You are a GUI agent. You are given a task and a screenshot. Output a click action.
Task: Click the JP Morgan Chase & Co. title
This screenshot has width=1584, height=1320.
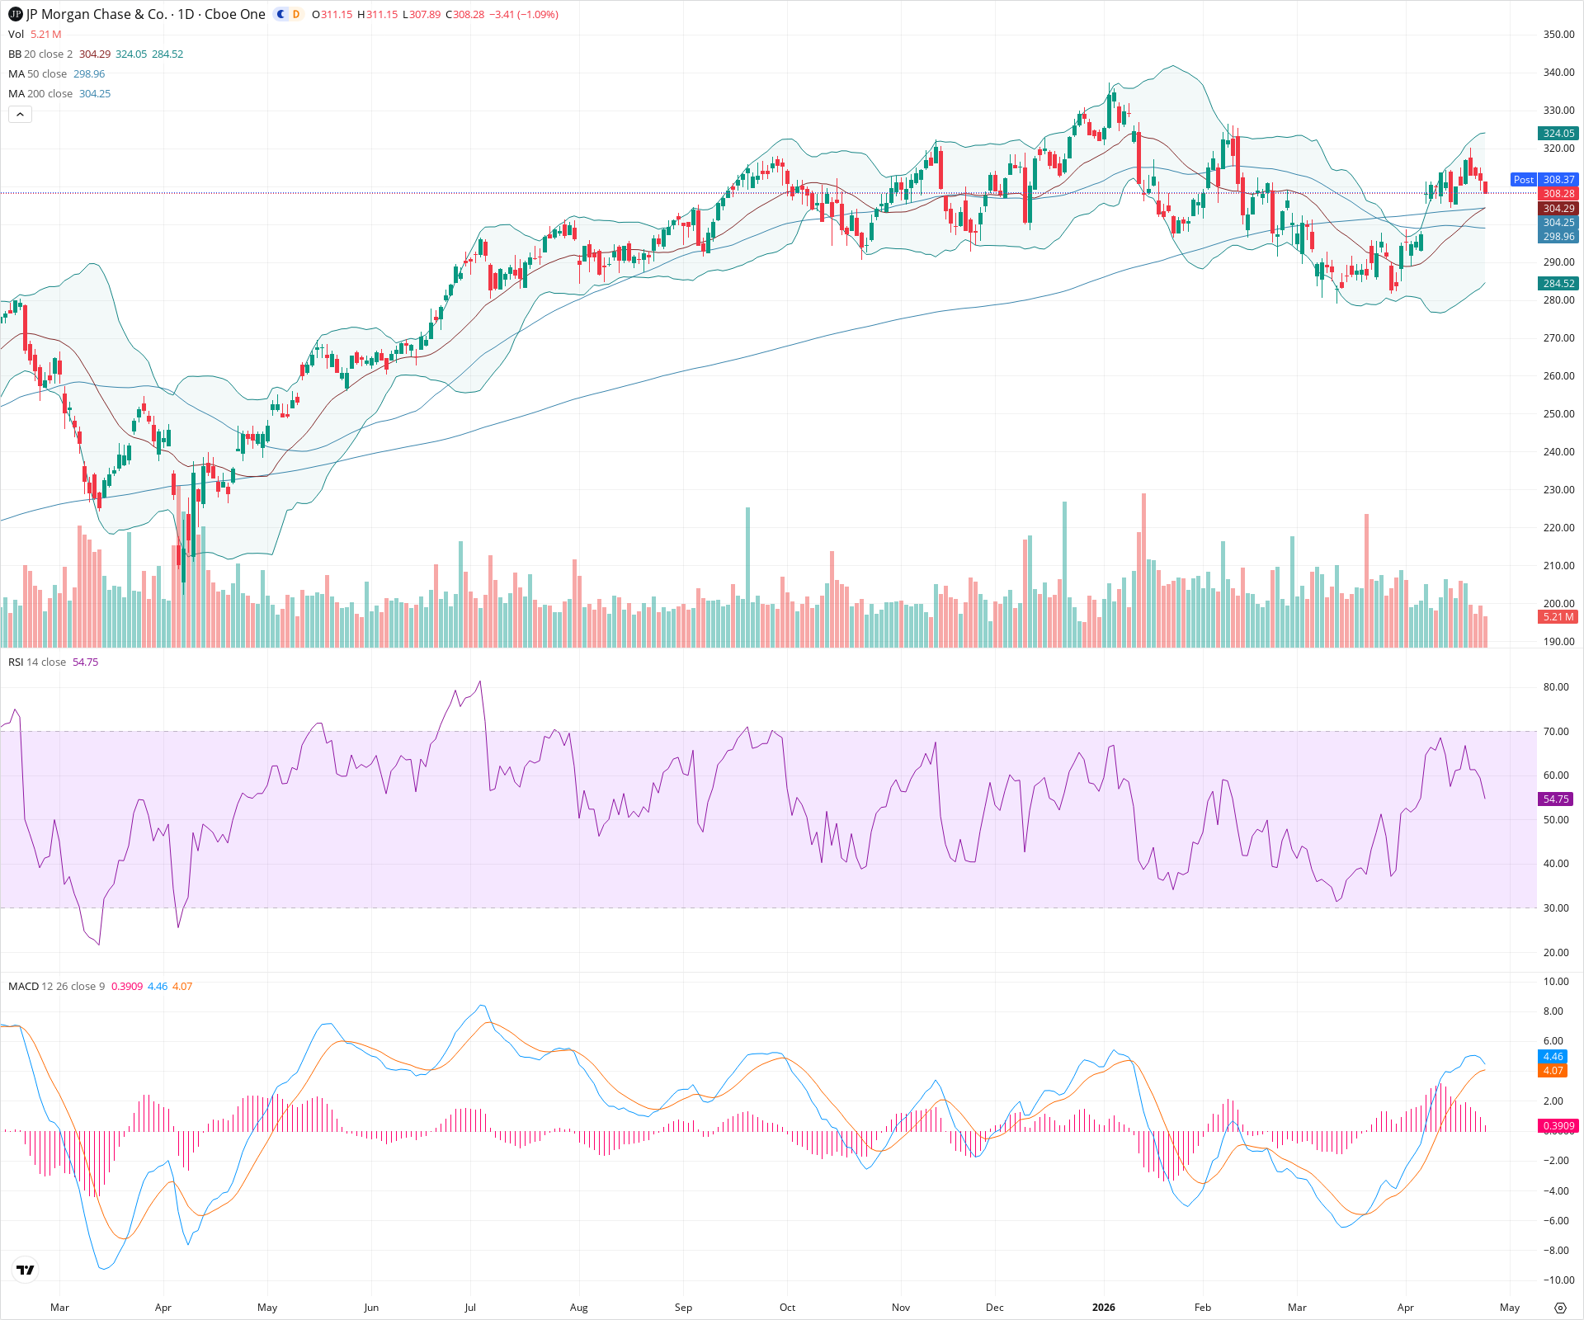(145, 14)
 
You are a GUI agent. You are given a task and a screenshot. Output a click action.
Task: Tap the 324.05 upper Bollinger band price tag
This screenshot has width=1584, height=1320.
(1558, 133)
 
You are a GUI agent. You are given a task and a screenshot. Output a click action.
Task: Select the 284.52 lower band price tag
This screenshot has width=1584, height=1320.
(1558, 283)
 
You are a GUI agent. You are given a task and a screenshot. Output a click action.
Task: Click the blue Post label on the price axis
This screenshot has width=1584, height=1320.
(1523, 179)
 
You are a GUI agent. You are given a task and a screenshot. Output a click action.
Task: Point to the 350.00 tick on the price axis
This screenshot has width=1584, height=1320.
(1558, 35)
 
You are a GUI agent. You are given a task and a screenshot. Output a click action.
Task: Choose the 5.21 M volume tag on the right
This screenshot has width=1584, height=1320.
(1558, 616)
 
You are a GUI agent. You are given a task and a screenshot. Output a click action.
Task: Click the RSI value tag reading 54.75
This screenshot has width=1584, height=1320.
(1556, 799)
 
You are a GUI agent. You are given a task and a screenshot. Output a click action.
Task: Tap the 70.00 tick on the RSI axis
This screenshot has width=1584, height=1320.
(1556, 731)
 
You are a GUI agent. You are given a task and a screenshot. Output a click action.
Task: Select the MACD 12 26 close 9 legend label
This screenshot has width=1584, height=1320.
(57, 986)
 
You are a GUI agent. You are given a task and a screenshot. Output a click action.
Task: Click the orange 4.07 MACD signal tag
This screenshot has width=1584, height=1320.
(1553, 1070)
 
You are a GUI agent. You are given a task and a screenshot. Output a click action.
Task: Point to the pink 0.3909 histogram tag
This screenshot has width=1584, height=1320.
(1558, 1125)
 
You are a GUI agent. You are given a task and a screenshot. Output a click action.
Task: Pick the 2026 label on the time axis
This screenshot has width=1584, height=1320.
(1103, 1307)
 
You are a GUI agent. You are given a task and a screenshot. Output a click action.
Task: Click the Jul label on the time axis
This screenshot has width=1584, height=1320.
(469, 1307)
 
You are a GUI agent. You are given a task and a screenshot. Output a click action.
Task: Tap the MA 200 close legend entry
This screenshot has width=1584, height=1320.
(40, 93)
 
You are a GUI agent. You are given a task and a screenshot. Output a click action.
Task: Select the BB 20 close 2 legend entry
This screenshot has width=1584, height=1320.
(40, 54)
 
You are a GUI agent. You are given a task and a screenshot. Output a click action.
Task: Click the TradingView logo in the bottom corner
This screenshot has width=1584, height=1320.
(26, 1270)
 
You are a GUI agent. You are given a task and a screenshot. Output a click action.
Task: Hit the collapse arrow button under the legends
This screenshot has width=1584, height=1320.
(20, 114)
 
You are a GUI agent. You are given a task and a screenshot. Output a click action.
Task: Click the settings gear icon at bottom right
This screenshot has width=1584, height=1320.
(1559, 1307)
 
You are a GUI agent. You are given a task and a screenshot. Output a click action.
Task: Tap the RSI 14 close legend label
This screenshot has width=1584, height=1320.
(37, 662)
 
